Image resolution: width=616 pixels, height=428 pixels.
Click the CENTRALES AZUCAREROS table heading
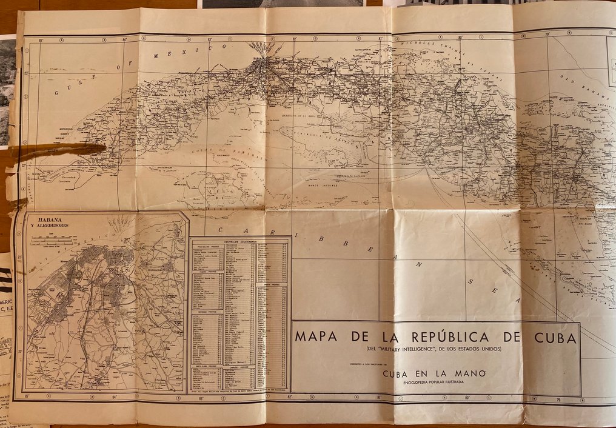coord(240,241)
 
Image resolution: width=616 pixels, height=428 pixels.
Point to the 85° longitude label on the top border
coord(41,41)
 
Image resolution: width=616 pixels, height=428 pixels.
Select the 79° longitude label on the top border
coord(547,34)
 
